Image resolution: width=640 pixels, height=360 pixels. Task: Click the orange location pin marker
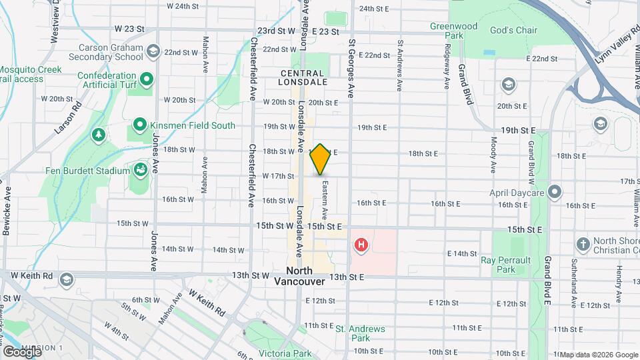[321, 159]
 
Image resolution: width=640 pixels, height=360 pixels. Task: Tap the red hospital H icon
[361, 245]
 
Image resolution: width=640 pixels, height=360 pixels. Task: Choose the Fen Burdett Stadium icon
[141, 170]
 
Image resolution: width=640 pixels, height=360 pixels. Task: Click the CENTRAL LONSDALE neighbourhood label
[303, 77]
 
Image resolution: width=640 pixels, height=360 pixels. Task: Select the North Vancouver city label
[299, 276]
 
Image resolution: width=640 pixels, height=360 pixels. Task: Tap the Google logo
[22, 351]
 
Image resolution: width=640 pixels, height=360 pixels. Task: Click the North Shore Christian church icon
[583, 243]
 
